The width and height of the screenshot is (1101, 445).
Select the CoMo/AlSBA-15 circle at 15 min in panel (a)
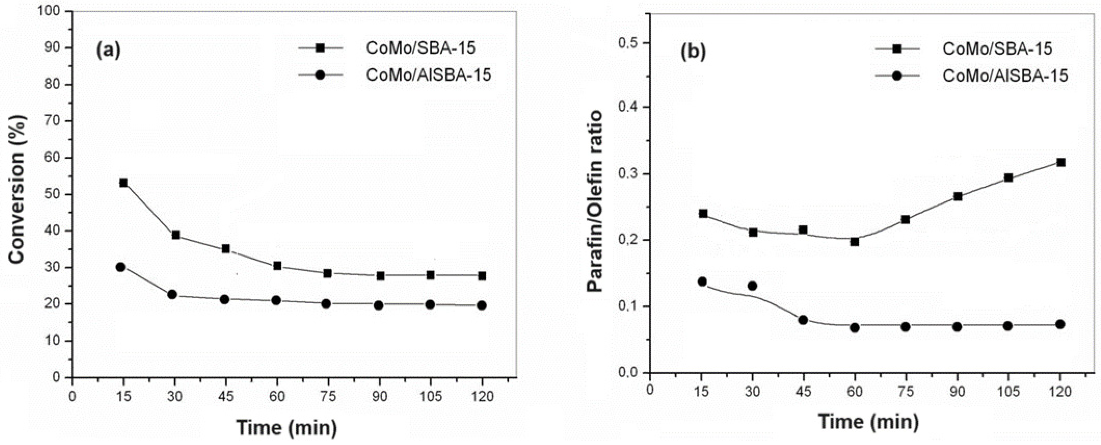[x=120, y=267]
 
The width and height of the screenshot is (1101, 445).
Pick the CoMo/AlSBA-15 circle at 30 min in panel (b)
[x=753, y=286]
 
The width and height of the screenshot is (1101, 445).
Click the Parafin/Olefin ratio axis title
[x=595, y=201]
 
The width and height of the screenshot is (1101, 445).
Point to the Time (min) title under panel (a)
[x=287, y=427]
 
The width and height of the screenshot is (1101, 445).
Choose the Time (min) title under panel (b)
[x=868, y=422]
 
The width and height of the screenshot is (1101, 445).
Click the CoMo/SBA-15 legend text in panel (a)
[x=420, y=48]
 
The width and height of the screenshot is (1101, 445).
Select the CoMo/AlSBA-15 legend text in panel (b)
[x=1005, y=76]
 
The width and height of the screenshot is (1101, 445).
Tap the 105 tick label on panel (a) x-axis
[x=430, y=396]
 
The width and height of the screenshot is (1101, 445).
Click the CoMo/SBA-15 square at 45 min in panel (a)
[x=226, y=249]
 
